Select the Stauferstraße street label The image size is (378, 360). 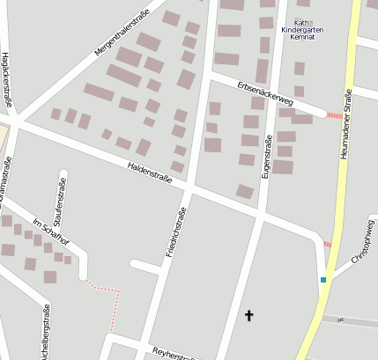[x=60, y=199]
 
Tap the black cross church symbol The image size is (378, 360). [x=248, y=314]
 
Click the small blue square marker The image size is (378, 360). [x=323, y=280]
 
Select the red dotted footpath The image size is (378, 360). [x=106, y=289]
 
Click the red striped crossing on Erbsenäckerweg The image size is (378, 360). [x=334, y=115]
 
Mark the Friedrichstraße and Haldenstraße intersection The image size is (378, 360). [x=189, y=187]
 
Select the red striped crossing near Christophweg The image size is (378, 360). [x=328, y=244]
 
